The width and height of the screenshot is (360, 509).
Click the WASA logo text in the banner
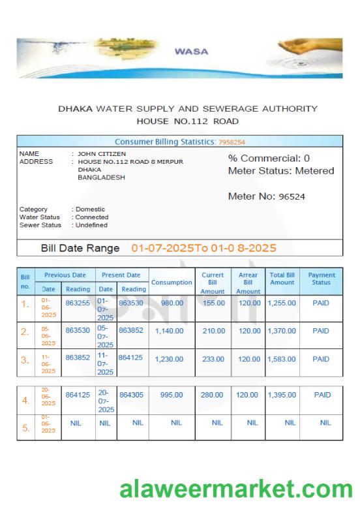tap(191, 52)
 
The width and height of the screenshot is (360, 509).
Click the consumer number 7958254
tap(232, 142)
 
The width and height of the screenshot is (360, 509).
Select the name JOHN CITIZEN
tap(102, 153)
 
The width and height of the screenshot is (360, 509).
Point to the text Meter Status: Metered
tap(280, 171)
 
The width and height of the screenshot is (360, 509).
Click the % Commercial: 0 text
tap(269, 158)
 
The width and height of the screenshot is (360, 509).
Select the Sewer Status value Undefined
tap(92, 225)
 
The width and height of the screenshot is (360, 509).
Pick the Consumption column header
tap(172, 283)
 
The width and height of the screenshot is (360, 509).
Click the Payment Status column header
tap(320, 279)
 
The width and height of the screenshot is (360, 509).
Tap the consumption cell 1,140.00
tap(169, 331)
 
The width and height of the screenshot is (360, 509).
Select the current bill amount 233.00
tap(213, 359)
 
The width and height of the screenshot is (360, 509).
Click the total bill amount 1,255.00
tap(282, 303)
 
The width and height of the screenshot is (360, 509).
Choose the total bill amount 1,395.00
tap(282, 395)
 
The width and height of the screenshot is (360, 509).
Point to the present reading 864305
tap(133, 395)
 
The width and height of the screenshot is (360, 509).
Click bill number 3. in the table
tap(25, 360)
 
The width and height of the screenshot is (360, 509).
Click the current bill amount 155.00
tap(213, 303)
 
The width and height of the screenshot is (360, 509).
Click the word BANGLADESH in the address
tap(101, 177)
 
